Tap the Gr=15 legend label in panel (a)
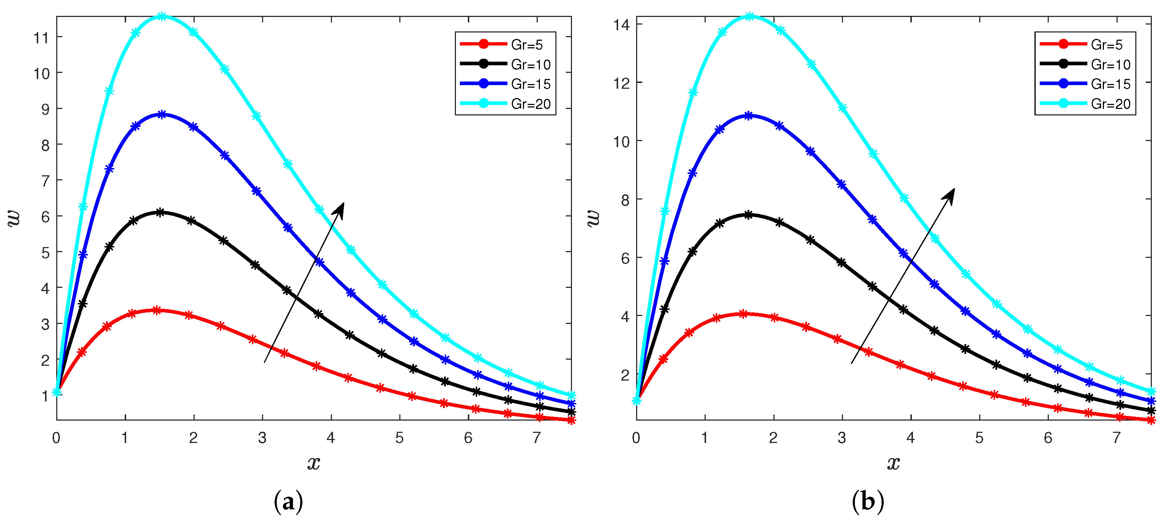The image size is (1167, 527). (x=531, y=84)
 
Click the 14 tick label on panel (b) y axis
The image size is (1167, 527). (x=622, y=25)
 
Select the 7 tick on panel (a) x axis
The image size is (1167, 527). (x=537, y=438)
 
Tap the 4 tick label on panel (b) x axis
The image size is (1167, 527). (x=911, y=438)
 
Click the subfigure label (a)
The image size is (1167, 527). (x=288, y=502)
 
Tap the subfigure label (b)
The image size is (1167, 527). (x=868, y=502)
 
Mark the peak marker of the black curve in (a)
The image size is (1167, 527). (x=160, y=212)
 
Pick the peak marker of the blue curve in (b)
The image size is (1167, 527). (x=749, y=116)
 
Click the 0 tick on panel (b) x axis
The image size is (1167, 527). (x=636, y=438)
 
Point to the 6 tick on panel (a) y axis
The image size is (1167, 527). (x=45, y=217)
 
